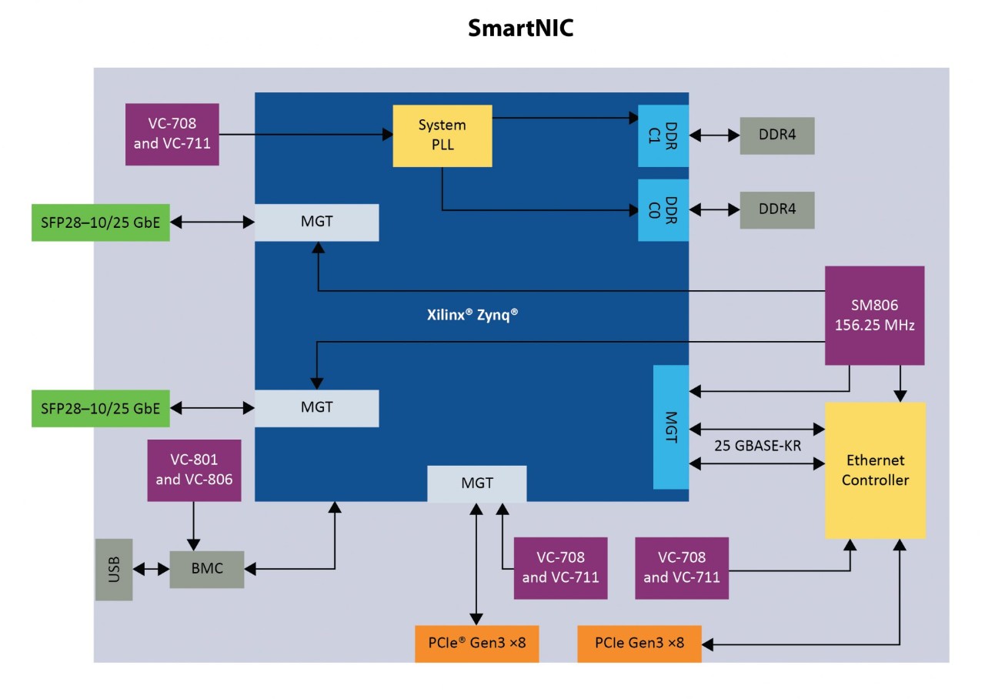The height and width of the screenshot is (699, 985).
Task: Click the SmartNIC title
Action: (521, 28)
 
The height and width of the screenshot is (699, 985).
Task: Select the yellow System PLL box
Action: (442, 135)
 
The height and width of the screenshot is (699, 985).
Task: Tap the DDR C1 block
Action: (663, 135)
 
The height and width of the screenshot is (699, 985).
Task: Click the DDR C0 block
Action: (663, 210)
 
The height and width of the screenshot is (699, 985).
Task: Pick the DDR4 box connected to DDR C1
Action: (776, 135)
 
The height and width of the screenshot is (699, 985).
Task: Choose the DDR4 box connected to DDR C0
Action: (776, 210)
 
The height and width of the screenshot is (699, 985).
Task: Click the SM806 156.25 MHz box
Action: (874, 316)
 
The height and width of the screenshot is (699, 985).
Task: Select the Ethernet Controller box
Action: (875, 470)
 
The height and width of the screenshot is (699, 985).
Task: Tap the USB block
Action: (114, 570)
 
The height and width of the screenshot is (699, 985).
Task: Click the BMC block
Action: (206, 570)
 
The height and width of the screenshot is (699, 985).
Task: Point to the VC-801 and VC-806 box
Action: (194, 470)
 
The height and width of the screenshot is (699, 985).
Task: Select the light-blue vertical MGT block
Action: (671, 427)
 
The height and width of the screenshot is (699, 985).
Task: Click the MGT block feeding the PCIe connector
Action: (477, 483)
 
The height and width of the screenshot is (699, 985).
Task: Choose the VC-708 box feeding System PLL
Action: (172, 134)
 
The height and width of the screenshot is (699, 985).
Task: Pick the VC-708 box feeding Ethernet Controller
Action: (682, 568)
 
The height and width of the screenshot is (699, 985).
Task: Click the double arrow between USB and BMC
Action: (151, 570)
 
